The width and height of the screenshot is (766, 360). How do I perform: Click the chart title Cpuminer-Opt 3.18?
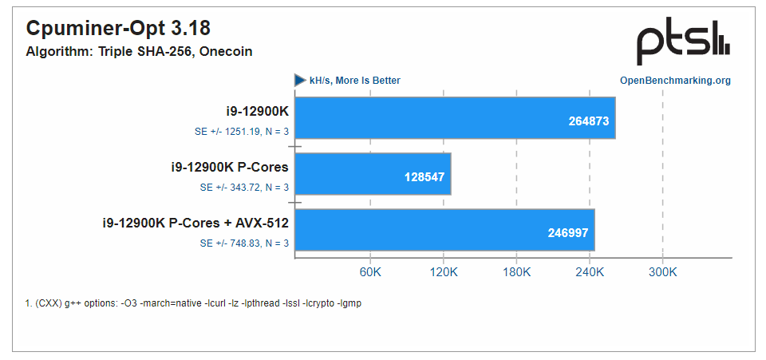[x=118, y=29]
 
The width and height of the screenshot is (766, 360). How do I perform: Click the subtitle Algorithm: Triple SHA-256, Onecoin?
[x=139, y=52]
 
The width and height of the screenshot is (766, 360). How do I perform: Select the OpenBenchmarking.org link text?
[x=675, y=81]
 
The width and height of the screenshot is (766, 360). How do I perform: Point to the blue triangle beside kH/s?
[x=300, y=80]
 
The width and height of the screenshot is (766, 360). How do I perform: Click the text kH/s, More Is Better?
[x=355, y=81]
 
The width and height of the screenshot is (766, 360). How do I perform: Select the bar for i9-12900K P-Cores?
[x=373, y=174]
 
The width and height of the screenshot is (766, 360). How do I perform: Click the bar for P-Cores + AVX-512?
[x=444, y=230]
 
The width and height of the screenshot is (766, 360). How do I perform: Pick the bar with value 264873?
[x=455, y=118]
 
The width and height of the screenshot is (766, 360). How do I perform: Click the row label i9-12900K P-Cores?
[x=230, y=167]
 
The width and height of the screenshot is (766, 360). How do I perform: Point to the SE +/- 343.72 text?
[x=244, y=188]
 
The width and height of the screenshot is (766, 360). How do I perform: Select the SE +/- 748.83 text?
[x=244, y=243]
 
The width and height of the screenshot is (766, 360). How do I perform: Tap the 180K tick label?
[x=516, y=272]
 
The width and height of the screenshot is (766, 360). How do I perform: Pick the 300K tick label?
[x=662, y=272]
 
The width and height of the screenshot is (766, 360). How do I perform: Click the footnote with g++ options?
[x=193, y=303]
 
